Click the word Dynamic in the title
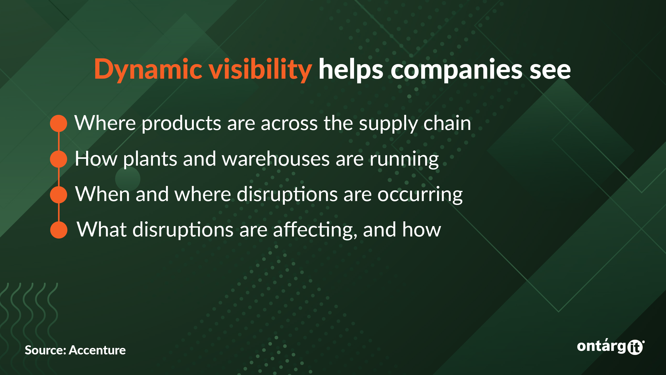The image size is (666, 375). (148, 69)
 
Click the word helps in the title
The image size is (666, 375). (351, 69)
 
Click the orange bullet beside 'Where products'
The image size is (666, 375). (59, 123)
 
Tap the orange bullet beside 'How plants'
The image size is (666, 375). (59, 159)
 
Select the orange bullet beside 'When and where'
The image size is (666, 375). (59, 195)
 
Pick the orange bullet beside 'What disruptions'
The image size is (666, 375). (59, 230)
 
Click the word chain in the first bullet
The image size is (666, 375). (447, 123)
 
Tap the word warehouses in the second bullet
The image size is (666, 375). (276, 159)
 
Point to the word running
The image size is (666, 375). (404, 160)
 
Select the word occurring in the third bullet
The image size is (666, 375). (420, 195)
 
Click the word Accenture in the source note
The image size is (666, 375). (97, 350)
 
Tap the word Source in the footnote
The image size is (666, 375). (46, 350)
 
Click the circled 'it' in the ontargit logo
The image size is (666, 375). (635, 347)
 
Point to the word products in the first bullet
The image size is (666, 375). (181, 124)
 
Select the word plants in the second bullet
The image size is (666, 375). (150, 160)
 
